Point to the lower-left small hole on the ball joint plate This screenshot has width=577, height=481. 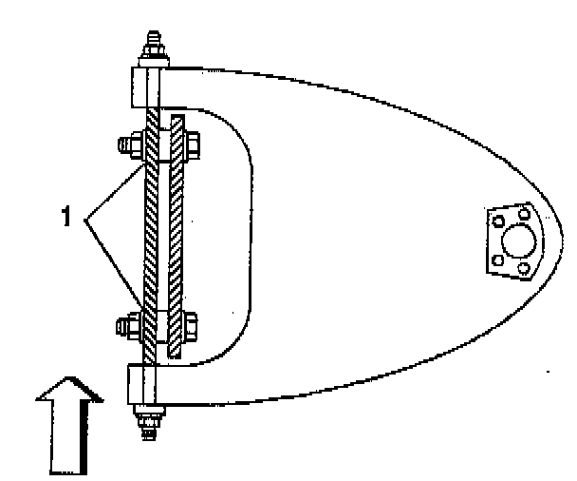496,260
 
